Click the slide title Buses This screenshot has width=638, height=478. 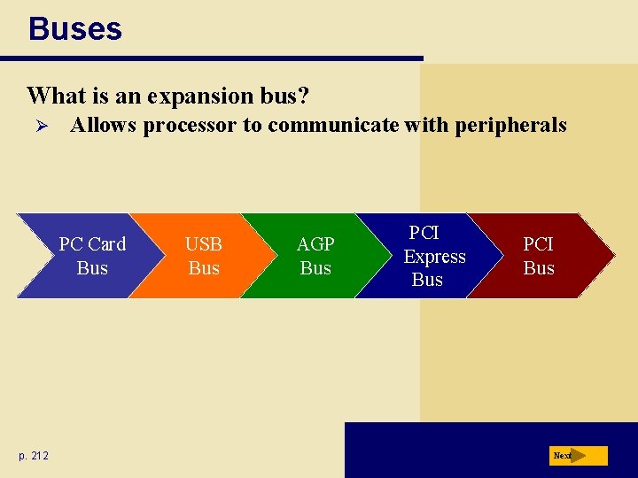[74, 29]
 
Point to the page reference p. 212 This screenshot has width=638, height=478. [34, 456]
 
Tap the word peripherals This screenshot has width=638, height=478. [510, 126]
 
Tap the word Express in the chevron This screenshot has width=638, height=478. [434, 257]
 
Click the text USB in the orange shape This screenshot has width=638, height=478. [203, 244]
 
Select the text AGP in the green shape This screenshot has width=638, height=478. [315, 244]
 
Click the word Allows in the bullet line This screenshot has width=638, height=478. [104, 126]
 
